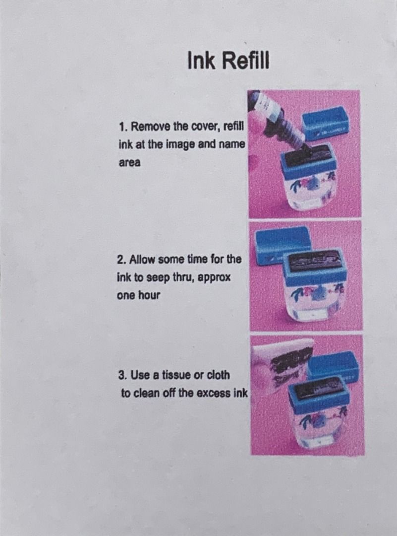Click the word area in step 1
[129, 163]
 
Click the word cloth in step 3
[219, 375]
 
